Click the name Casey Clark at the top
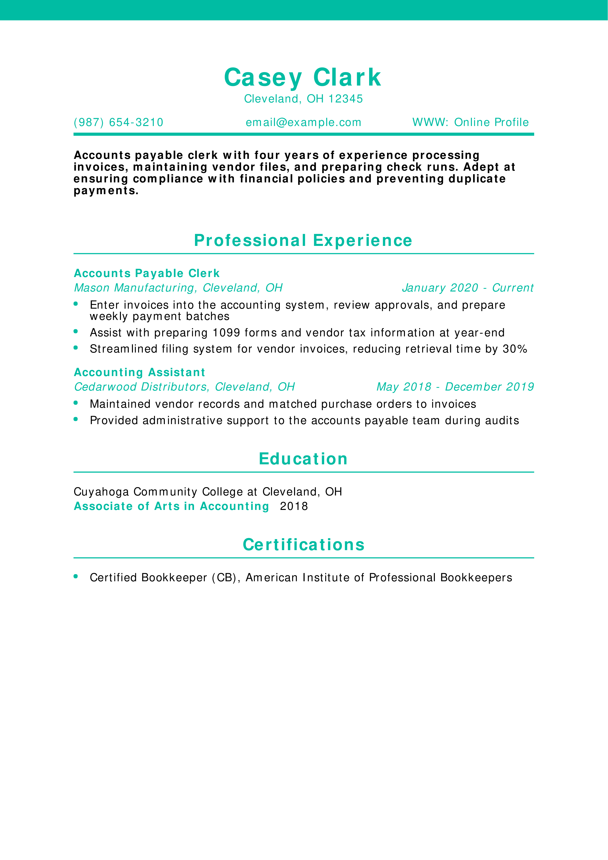pyautogui.click(x=303, y=77)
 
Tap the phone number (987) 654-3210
pyautogui.click(x=118, y=123)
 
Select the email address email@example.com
pyautogui.click(x=303, y=123)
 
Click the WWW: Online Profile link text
pyautogui.click(x=470, y=123)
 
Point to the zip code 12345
pyautogui.click(x=345, y=99)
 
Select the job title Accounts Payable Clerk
pyautogui.click(x=146, y=273)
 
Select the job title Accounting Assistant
pyautogui.click(x=139, y=372)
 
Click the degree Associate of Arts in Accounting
pyautogui.click(x=171, y=506)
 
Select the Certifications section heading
pyautogui.click(x=303, y=545)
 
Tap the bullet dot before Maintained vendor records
pyautogui.click(x=76, y=403)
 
